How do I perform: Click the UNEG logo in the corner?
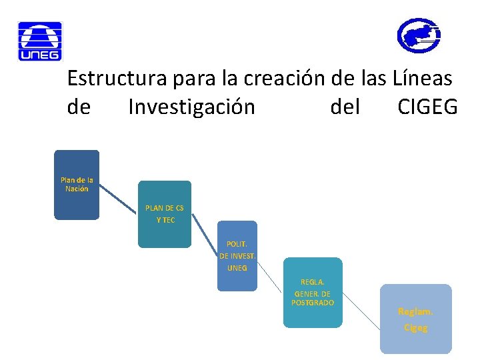(x=39, y=41)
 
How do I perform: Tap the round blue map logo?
(x=419, y=35)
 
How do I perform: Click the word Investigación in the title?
(x=191, y=107)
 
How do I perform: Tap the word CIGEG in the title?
(x=427, y=107)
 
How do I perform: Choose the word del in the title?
(x=345, y=107)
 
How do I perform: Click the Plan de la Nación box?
(x=77, y=185)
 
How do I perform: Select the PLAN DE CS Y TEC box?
(x=165, y=214)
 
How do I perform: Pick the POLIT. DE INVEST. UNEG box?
(x=237, y=256)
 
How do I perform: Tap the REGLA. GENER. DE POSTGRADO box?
(x=313, y=293)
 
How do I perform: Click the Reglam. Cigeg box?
(x=415, y=319)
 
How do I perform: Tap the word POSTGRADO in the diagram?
(x=313, y=303)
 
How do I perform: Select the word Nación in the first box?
(x=77, y=189)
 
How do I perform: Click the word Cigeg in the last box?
(x=415, y=328)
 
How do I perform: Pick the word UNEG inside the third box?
(x=237, y=268)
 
